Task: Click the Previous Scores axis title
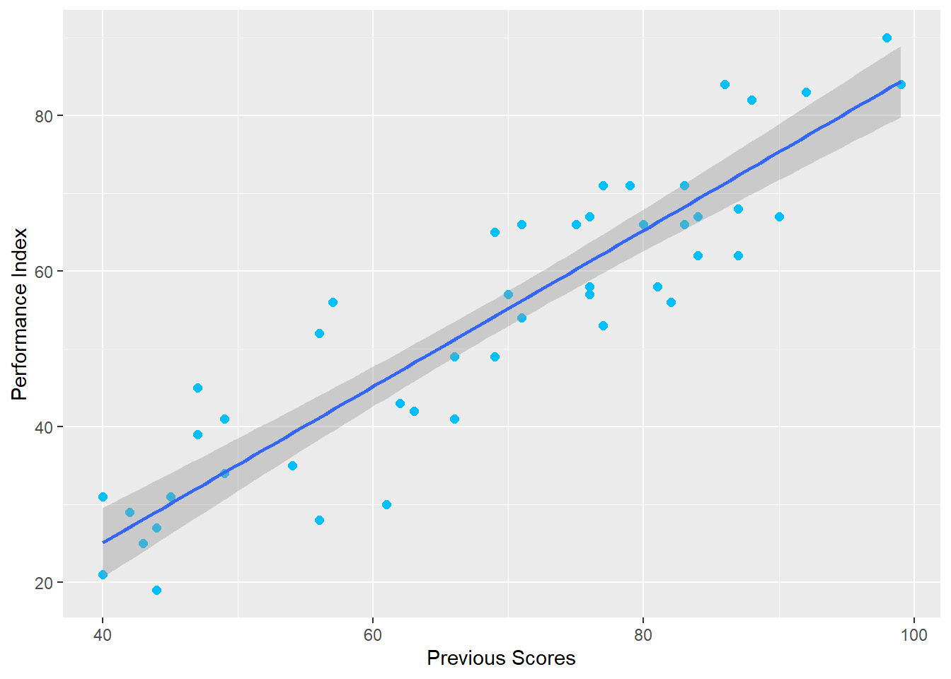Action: [x=501, y=658]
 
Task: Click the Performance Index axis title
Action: [x=19, y=313]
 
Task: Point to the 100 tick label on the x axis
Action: [x=913, y=635]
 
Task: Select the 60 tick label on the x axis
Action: [x=373, y=635]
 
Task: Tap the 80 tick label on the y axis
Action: [x=44, y=116]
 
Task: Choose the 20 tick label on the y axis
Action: [x=44, y=583]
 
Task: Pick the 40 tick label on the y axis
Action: [x=44, y=427]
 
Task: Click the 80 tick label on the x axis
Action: [x=643, y=635]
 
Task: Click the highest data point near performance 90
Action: [x=887, y=38]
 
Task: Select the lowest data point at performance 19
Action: [x=156, y=590]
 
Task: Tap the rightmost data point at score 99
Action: [x=901, y=85]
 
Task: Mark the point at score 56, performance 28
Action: [x=319, y=520]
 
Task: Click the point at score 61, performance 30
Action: [x=386, y=504]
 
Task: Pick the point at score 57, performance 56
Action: [x=333, y=302]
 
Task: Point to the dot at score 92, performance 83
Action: [x=806, y=93]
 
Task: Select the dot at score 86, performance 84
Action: [x=725, y=85]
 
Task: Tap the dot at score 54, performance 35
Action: [x=292, y=465]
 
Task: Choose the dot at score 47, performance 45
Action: [x=197, y=388]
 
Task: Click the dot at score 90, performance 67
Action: [x=779, y=216]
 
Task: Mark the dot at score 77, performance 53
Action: [x=603, y=325]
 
